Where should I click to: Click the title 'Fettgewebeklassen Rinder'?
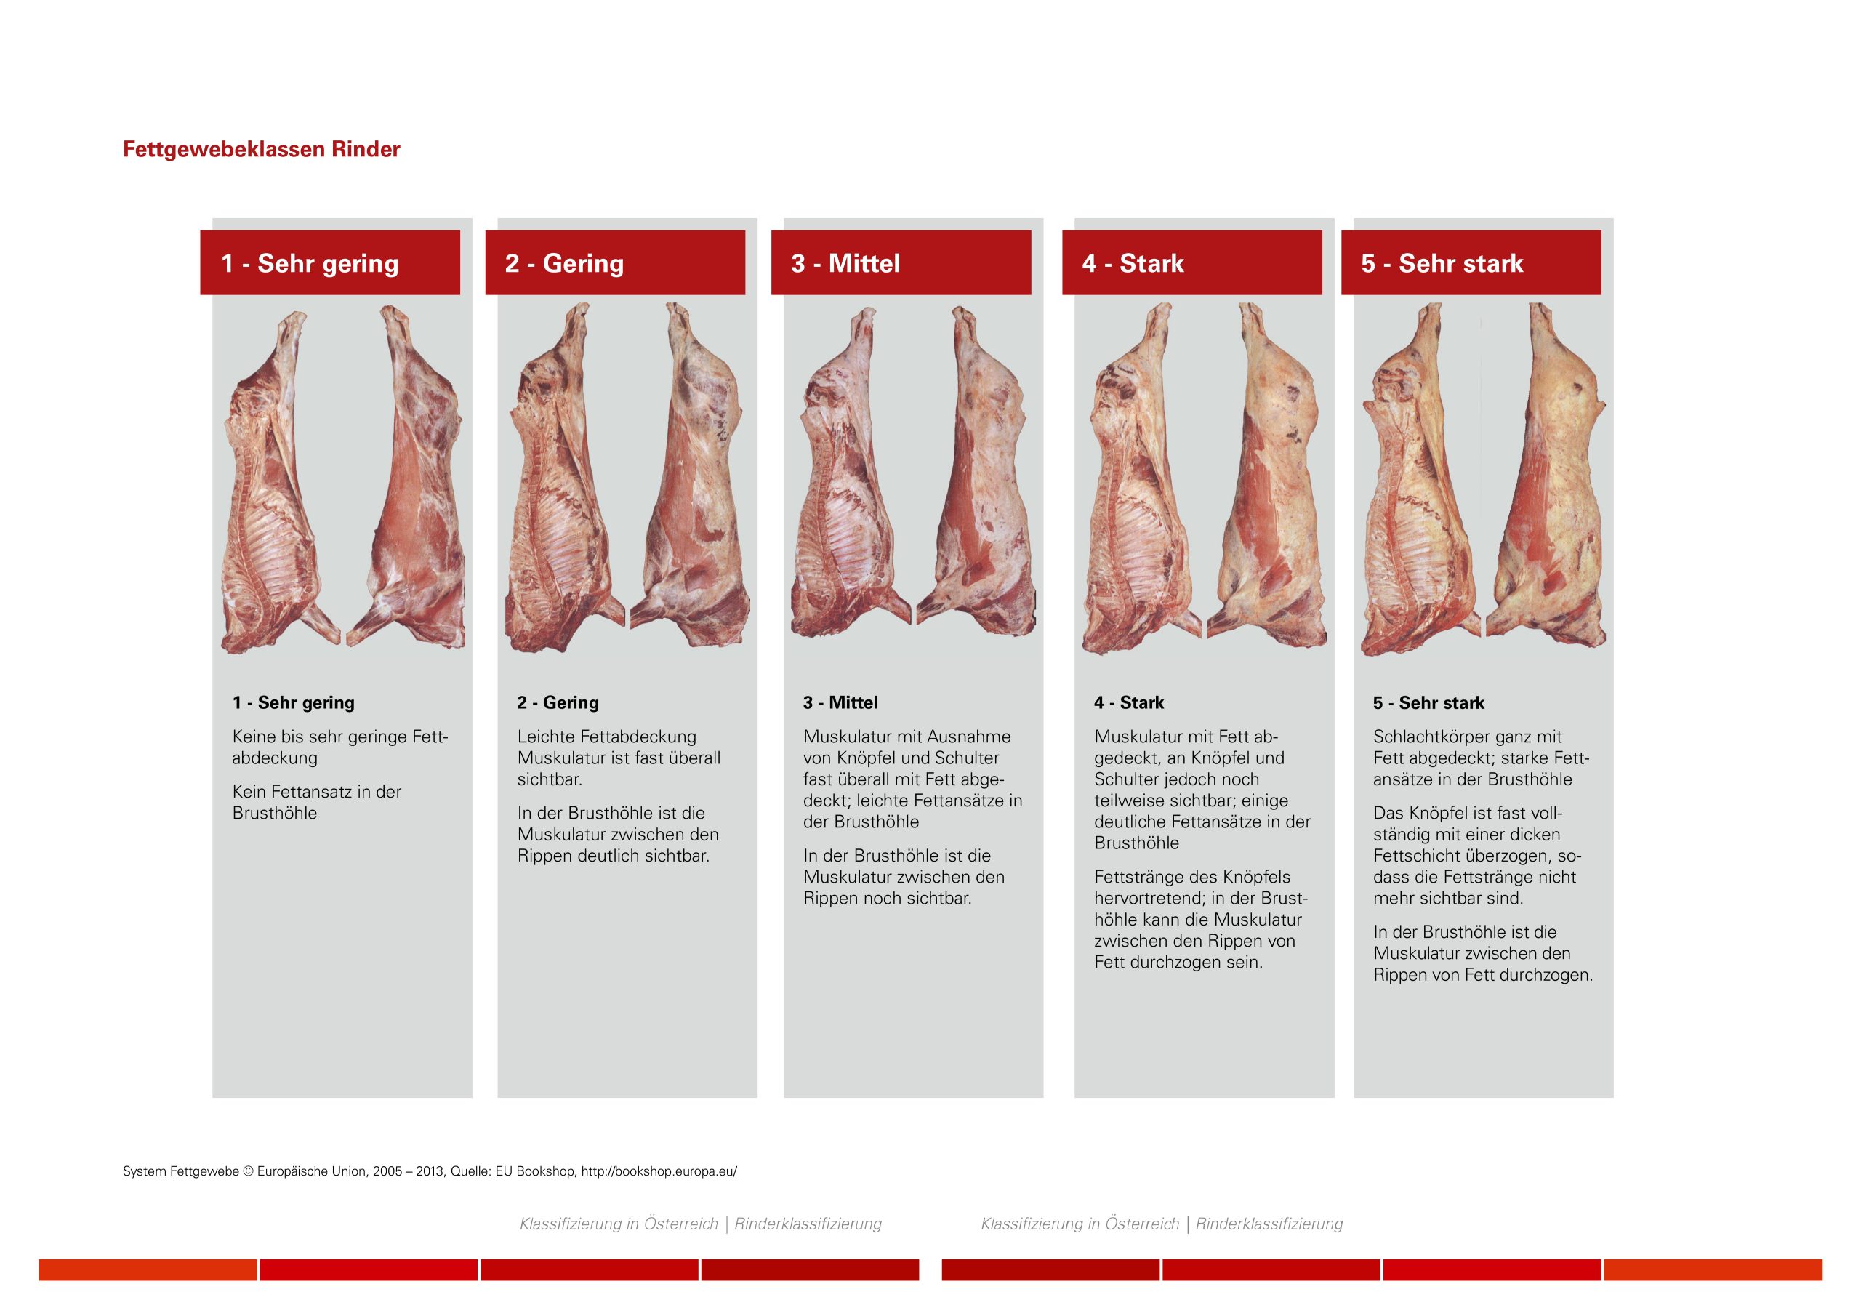click(x=261, y=149)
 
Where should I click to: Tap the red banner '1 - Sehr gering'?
click(x=330, y=262)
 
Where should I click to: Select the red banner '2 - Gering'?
click(x=615, y=262)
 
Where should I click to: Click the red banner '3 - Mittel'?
click(x=901, y=262)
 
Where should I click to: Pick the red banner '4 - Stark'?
click(x=1192, y=262)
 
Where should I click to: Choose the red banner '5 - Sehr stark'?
click(x=1471, y=262)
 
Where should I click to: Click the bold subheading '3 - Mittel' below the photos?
click(x=840, y=702)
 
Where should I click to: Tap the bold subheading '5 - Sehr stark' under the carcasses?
click(x=1429, y=702)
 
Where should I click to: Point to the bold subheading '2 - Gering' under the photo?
click(x=558, y=702)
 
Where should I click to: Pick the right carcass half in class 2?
click(x=691, y=474)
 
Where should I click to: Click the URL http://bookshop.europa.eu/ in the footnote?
click(x=659, y=1171)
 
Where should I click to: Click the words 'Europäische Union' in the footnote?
click(x=311, y=1171)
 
